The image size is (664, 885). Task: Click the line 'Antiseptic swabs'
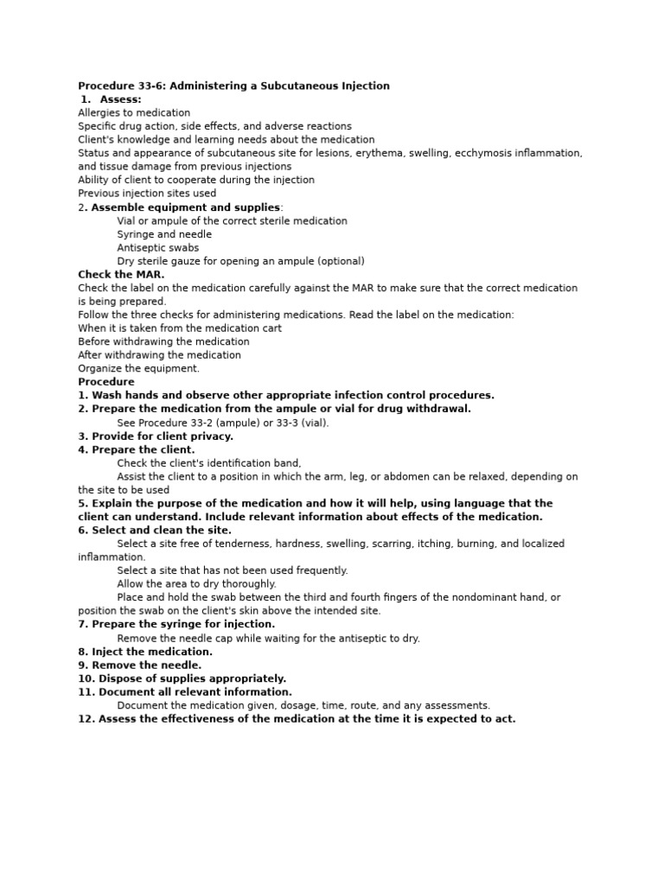click(x=158, y=248)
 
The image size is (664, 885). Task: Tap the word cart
click(x=271, y=328)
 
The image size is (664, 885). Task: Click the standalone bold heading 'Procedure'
click(x=106, y=382)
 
